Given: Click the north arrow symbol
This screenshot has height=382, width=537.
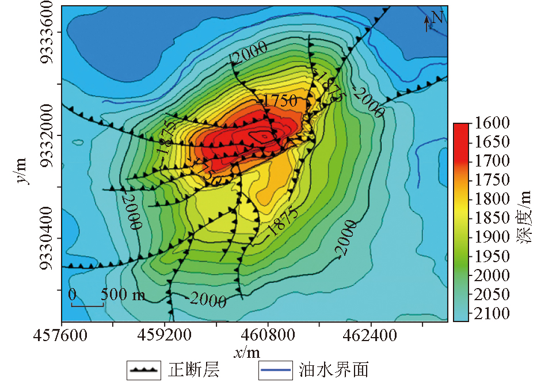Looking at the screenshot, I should click(426, 23).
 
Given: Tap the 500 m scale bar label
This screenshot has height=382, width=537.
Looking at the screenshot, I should click(123, 295).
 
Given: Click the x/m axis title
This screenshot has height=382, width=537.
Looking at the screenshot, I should click(246, 351).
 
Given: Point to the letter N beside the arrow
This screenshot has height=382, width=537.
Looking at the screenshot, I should click(437, 18).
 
